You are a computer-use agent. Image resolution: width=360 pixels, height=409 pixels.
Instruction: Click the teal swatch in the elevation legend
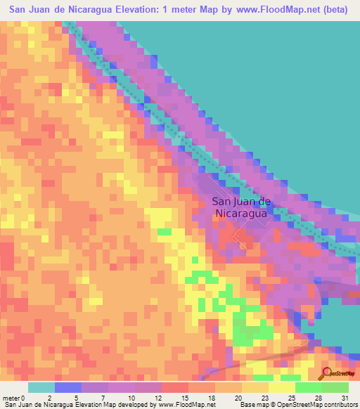click(41, 387)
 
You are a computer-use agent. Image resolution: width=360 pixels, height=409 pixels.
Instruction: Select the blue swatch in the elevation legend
click(68, 387)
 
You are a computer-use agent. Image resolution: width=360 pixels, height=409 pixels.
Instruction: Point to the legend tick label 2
click(49, 398)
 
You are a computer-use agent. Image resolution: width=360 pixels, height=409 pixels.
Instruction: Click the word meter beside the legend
click(10, 398)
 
